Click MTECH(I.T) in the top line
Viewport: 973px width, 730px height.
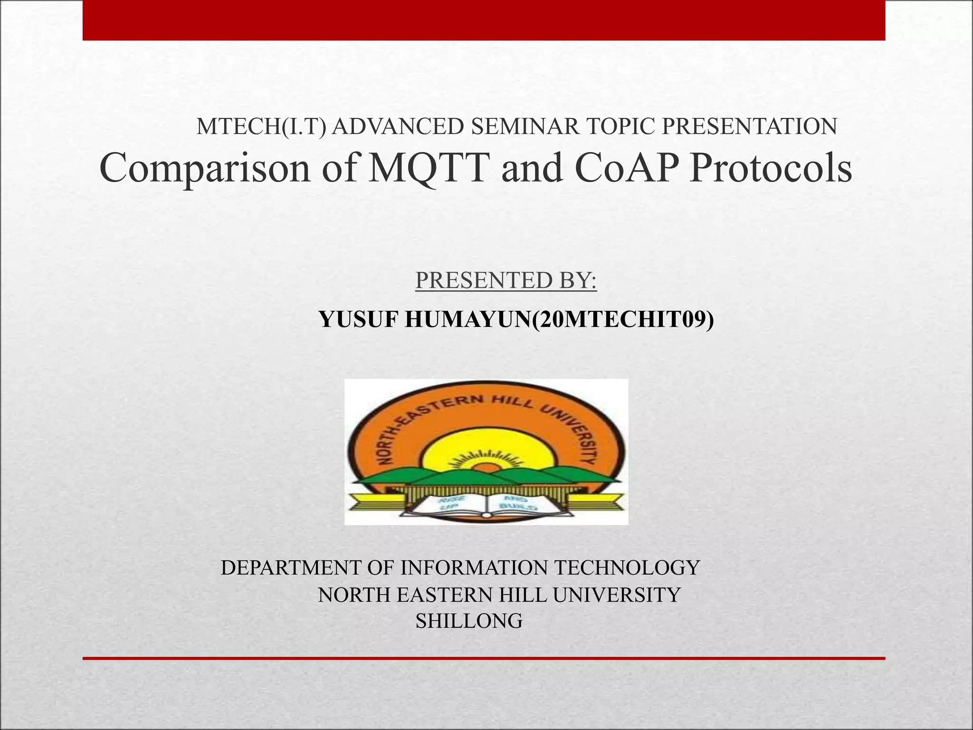261,126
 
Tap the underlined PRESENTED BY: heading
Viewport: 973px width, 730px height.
506,280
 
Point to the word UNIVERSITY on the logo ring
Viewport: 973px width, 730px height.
572,428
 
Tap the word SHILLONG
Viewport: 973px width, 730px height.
469,621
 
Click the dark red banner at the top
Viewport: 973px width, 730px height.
484,20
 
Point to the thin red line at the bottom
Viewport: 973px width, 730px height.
484,658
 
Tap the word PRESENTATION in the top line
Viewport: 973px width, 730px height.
749,126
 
